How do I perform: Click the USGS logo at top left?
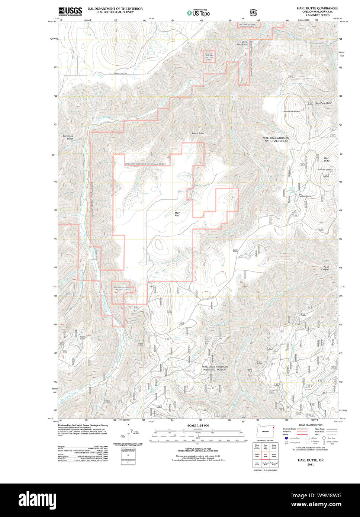tap(70, 11)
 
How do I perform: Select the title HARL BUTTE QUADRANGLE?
tap(317, 8)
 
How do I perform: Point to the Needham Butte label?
tap(291, 112)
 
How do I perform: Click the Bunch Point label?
tap(198, 133)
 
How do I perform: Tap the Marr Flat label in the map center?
tap(177, 215)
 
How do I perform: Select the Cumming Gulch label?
tap(68, 137)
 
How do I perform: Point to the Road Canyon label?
tap(326, 268)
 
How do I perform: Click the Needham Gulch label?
tap(324, 103)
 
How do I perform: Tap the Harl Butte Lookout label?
tap(325, 170)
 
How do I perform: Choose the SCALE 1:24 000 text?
tap(198, 426)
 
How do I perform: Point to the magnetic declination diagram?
tap(128, 434)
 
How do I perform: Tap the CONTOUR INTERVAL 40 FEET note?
tap(197, 448)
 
